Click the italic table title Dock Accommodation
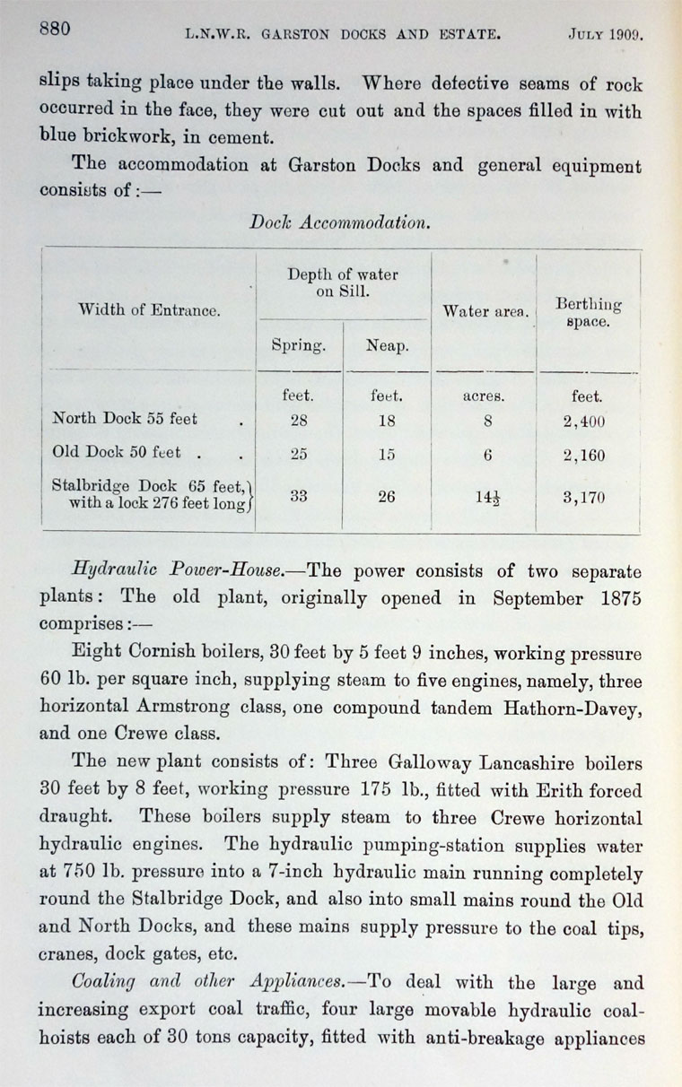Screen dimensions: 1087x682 pyautogui.click(x=339, y=223)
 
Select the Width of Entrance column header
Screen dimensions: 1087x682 pyautogui.click(x=148, y=310)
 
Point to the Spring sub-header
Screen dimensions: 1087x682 pyautogui.click(x=298, y=345)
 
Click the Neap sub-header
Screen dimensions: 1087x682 pyautogui.click(x=386, y=345)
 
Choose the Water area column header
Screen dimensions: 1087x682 pyautogui.click(x=485, y=311)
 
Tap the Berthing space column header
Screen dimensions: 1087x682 pyautogui.click(x=588, y=313)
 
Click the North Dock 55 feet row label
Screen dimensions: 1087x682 pyautogui.click(x=125, y=418)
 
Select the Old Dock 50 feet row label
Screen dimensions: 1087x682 pyautogui.click(x=116, y=453)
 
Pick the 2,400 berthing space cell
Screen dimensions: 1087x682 pyautogui.click(x=583, y=420)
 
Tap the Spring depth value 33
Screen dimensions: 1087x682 pyautogui.click(x=299, y=496)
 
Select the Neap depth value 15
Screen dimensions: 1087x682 pyautogui.click(x=386, y=455)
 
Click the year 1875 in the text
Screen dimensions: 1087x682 pyautogui.click(x=614, y=598)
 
